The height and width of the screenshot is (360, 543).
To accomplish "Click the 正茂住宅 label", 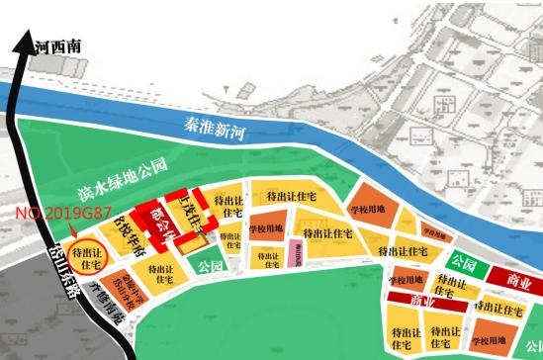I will [x=191, y=213].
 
